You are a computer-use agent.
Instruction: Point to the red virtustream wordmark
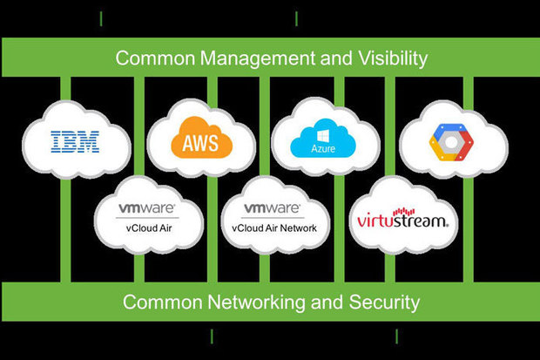[403, 220]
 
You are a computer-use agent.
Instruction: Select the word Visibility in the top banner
[386, 58]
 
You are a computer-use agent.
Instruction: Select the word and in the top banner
[328, 58]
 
